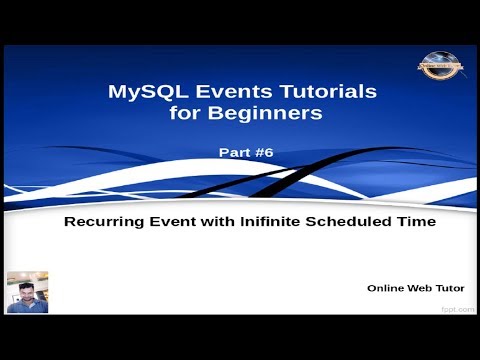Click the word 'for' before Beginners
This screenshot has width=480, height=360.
tap(182, 113)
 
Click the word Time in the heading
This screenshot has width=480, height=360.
tap(418, 223)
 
